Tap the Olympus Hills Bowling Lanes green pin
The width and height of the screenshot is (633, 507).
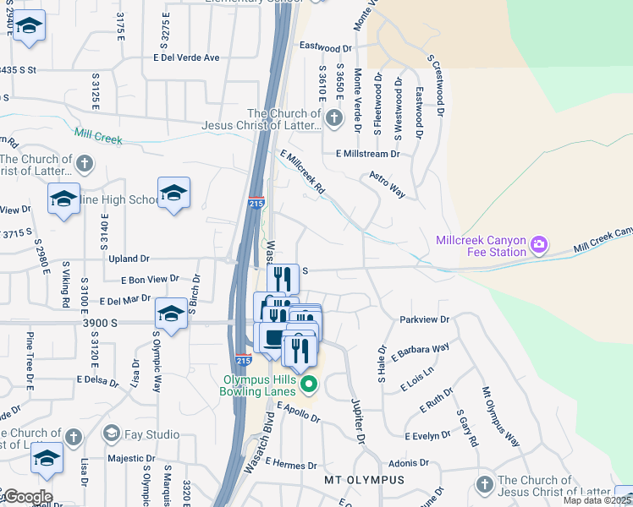pyautogui.click(x=309, y=385)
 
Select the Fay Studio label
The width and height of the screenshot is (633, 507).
pyautogui.click(x=151, y=434)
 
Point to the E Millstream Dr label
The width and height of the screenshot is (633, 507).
pyautogui.click(x=367, y=154)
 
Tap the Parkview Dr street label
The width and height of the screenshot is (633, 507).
pyautogui.click(x=424, y=319)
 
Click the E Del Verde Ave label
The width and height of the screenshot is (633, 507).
pyautogui.click(x=186, y=57)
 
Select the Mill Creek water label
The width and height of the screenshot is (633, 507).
pyautogui.click(x=98, y=136)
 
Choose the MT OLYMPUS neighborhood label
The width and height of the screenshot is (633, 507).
pyautogui.click(x=365, y=479)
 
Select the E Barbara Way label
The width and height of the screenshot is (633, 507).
pyautogui.click(x=421, y=349)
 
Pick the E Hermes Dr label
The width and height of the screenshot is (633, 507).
pyautogui.click(x=290, y=464)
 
